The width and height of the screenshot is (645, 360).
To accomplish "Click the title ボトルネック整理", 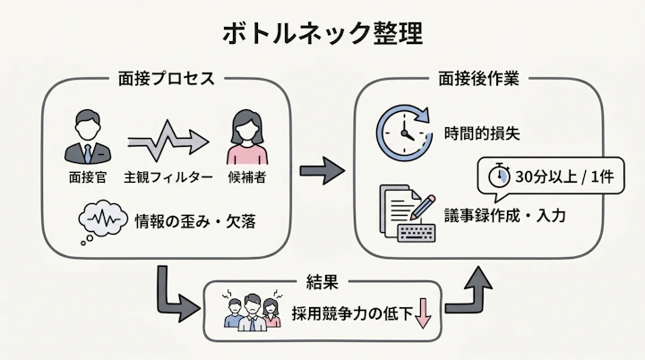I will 322,33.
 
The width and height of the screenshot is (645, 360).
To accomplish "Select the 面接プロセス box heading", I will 167,78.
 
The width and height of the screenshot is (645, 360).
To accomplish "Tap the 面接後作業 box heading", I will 483,78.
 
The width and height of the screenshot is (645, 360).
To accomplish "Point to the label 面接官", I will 88,176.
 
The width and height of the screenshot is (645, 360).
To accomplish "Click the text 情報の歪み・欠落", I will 194,220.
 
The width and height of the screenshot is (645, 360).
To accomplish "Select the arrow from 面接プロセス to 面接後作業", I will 322,167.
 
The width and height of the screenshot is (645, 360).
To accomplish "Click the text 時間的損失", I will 481,133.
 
